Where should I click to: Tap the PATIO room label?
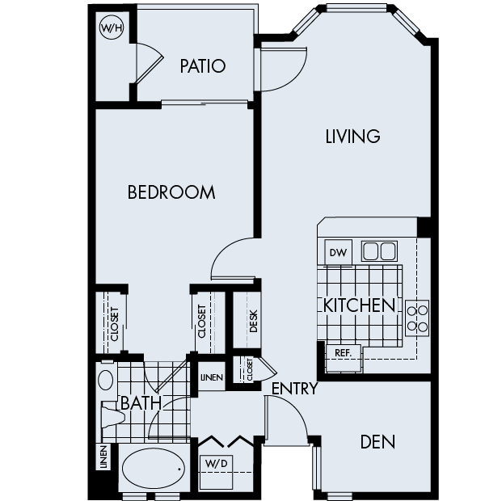202,65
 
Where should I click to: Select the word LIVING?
352,136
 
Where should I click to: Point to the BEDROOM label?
171,192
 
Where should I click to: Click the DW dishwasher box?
338,252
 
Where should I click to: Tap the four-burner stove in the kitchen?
417,318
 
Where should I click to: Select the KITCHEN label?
359,305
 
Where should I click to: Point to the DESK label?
253,321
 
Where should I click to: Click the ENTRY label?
293,389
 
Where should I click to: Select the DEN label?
377,442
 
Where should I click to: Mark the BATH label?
141,402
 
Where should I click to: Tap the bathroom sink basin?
106,378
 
